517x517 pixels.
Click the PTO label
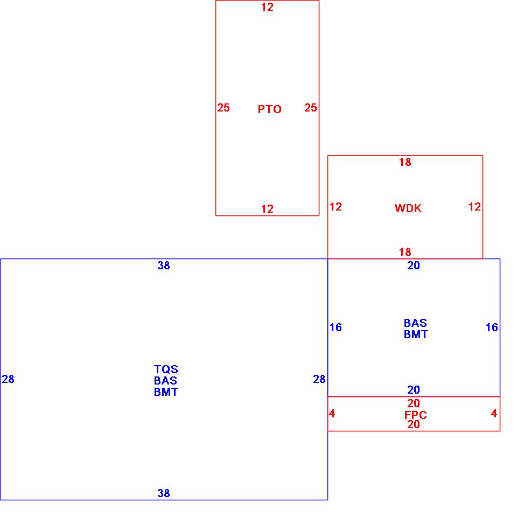269,109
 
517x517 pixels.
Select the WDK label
408,208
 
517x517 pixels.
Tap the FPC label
415,415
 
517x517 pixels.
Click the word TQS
166,369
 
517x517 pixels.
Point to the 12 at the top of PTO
267,7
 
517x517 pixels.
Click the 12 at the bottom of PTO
267,209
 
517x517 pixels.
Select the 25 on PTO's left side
223,108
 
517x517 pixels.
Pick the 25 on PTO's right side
311,108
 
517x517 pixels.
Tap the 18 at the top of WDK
405,162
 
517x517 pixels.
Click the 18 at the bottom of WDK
405,251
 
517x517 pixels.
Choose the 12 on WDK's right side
474,207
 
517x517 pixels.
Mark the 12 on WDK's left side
336,207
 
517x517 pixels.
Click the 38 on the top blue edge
164,266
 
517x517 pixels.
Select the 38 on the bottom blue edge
164,493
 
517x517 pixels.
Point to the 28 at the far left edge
8,379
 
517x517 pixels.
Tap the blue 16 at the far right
492,327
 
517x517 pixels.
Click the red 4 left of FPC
332,414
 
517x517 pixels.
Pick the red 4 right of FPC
494,414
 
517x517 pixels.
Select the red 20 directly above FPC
414,403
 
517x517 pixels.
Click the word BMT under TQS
166,392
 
